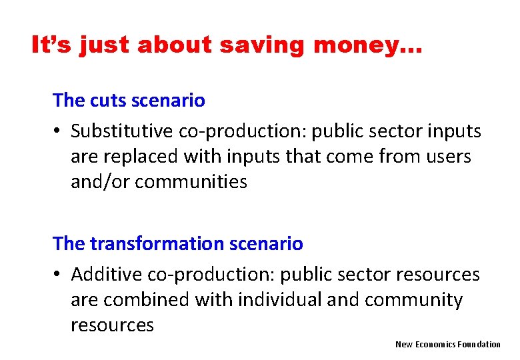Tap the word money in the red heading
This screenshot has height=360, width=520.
pos(366,45)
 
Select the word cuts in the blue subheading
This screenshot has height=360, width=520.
pos(105,101)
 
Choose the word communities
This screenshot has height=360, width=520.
pos(191,182)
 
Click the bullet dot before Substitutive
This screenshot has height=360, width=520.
pos(59,132)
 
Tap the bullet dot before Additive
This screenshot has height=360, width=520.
pos(59,275)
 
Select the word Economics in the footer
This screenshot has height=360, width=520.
pos(435,344)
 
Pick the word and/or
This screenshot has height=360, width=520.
pos(101,182)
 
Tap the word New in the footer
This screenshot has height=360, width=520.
pos(403,344)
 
